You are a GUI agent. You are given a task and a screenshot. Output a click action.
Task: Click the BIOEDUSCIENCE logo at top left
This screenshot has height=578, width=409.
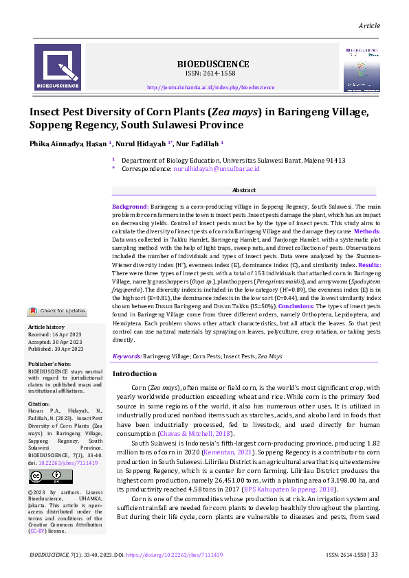(58, 67)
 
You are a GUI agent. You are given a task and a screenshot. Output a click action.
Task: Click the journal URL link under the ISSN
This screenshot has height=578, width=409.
(211, 88)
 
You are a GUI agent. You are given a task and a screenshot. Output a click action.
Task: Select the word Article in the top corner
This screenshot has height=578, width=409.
(369, 25)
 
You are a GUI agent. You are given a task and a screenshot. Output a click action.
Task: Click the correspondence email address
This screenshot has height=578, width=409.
(225, 168)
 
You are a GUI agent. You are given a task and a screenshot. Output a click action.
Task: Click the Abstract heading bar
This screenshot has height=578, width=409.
(244, 190)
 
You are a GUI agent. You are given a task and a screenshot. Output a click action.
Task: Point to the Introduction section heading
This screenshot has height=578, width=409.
(135, 374)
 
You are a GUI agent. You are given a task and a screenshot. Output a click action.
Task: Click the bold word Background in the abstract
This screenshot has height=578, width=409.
(130, 207)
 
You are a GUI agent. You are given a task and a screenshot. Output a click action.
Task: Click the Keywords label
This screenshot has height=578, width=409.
(127, 357)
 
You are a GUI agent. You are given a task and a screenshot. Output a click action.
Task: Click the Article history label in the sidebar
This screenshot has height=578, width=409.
(46, 327)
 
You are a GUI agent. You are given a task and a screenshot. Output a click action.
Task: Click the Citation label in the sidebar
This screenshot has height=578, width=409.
(39, 404)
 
